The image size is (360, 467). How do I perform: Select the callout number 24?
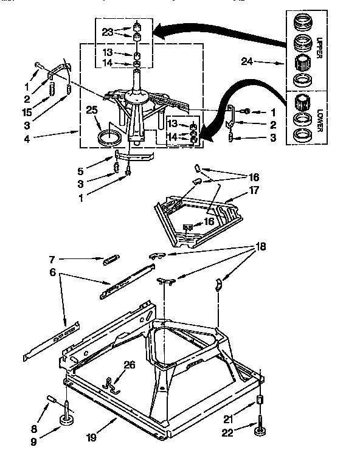(x=246, y=61)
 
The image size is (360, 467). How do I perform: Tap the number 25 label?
(x=92, y=110)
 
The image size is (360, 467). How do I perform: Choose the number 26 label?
(x=129, y=365)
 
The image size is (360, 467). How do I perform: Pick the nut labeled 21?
(x=260, y=401)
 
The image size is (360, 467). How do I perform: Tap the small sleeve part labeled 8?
(x=50, y=399)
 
